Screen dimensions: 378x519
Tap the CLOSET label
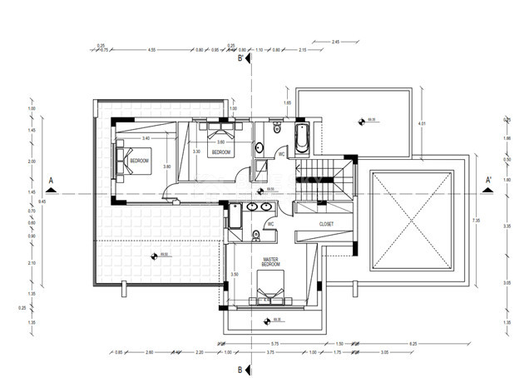[326, 225]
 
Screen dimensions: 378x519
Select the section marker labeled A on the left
[52, 181]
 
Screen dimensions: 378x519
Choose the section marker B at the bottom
[240, 369]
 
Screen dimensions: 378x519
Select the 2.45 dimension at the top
[335, 41]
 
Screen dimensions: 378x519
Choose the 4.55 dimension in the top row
[152, 50]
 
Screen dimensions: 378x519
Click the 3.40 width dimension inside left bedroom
[146, 137]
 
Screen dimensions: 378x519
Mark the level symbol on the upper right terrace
[361, 122]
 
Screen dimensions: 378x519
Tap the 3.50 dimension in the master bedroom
[235, 274]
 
